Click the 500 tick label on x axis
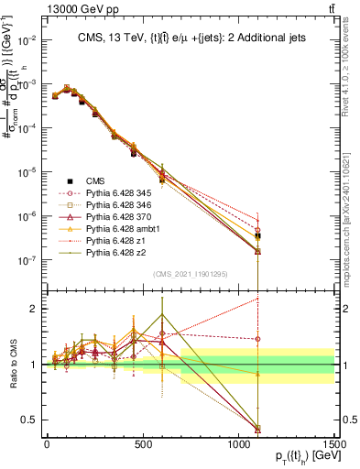click(x=143, y=443)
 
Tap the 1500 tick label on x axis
click(x=333, y=443)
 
